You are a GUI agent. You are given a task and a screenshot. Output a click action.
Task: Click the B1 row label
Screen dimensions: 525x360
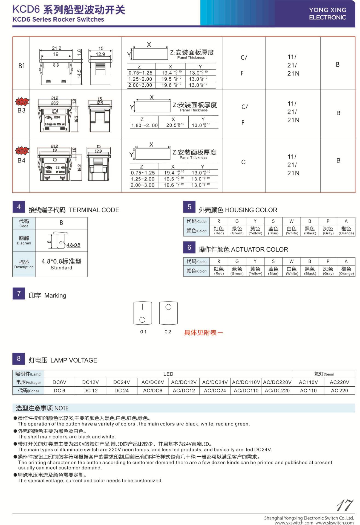pyautogui.click(x=22, y=66)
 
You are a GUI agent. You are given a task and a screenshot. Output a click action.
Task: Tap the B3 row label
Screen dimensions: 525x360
pyautogui.click(x=22, y=110)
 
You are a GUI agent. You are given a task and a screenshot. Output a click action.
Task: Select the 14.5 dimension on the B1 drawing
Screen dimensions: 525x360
pyautogui.click(x=79, y=74)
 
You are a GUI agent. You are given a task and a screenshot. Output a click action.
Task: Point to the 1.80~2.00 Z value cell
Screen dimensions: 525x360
pyautogui.click(x=144, y=126)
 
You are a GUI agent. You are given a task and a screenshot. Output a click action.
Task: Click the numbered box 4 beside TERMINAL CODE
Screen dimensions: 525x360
pyautogui.click(x=19, y=207)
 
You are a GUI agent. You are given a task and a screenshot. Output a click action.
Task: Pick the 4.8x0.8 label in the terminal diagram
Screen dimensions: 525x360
pyautogui.click(x=73, y=245)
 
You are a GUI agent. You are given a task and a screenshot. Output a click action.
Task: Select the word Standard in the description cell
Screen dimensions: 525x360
pyautogui.click(x=61, y=268)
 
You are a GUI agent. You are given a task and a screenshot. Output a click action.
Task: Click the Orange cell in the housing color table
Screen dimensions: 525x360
pyautogui.click(x=346, y=231)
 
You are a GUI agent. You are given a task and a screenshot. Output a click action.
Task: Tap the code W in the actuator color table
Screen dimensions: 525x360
pyautogui.click(x=292, y=261)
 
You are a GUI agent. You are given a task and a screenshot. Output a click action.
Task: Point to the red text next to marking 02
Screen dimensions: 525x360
pyautogui.click(x=203, y=333)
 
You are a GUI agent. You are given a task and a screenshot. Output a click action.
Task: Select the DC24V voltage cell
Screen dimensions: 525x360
pyautogui.click(x=122, y=382)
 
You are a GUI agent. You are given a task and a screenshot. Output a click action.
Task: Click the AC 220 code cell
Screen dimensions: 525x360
pyautogui.click(x=339, y=391)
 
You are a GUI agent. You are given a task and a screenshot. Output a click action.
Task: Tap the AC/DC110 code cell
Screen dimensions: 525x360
pyautogui.click(x=246, y=391)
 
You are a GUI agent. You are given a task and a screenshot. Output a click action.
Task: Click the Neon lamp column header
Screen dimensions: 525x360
pyautogui.click(x=324, y=374)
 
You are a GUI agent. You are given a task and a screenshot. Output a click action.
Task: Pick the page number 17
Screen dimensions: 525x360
pyautogui.click(x=345, y=505)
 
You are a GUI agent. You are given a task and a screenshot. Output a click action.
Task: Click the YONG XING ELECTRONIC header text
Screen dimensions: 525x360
pyautogui.click(x=327, y=14)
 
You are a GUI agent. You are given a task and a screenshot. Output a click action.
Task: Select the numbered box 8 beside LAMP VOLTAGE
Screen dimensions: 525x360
pyautogui.click(x=19, y=358)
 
